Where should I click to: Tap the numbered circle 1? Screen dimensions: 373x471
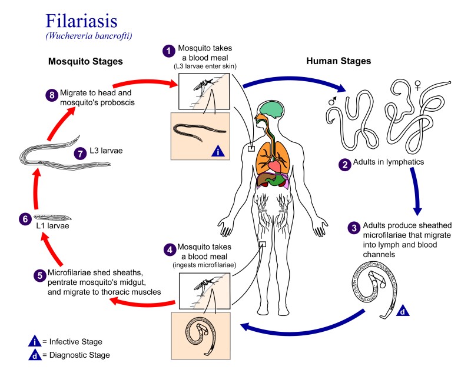169,51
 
